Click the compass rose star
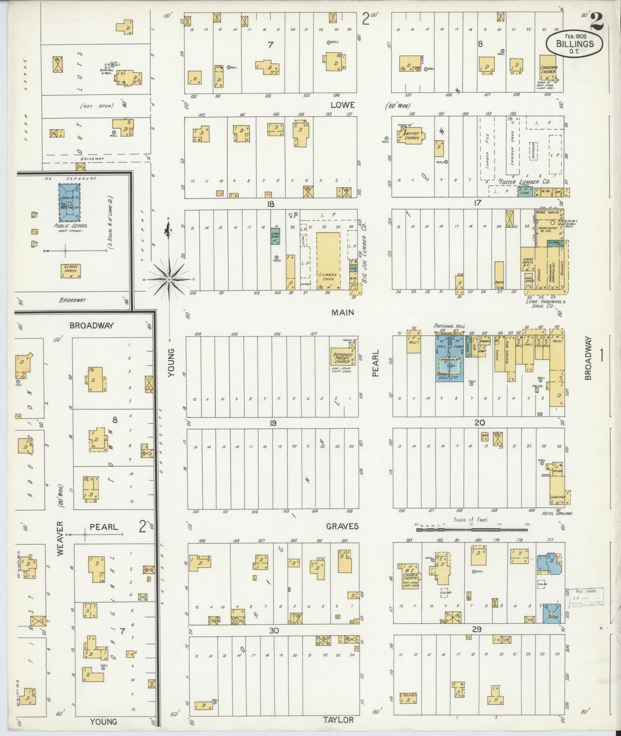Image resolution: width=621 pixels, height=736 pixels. [x=170, y=279]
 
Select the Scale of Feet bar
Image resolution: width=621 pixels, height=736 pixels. [x=471, y=530]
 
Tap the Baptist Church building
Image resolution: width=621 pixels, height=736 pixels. [x=410, y=136]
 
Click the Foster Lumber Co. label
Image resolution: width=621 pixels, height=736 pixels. [x=520, y=182]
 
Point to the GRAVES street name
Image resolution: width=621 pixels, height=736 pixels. [x=342, y=526]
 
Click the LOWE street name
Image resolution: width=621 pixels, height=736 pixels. [x=343, y=105]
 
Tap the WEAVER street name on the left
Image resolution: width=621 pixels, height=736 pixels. [x=60, y=538]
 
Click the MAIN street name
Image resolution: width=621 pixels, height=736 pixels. [x=343, y=312]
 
